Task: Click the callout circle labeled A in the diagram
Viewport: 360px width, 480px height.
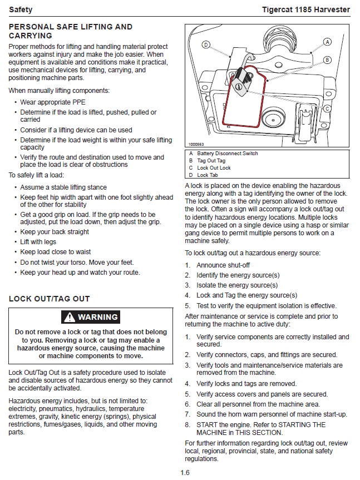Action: (328, 42)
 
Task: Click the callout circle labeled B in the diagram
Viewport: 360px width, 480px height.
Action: (328, 60)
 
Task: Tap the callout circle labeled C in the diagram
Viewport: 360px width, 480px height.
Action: (328, 108)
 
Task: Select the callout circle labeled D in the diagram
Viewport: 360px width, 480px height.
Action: (206, 44)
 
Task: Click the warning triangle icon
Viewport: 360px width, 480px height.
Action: (69, 317)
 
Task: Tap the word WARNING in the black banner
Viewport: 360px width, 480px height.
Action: (97, 317)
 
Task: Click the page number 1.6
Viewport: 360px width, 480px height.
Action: (185, 473)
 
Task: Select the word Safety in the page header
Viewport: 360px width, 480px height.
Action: (21, 9)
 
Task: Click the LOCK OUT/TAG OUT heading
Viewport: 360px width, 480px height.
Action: (49, 299)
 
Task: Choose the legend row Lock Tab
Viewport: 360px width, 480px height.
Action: (209, 175)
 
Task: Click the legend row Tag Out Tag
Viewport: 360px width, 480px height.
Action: (211, 161)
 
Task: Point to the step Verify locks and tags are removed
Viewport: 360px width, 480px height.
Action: (246, 384)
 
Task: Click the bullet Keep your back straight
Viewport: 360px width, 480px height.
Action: (55, 232)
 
